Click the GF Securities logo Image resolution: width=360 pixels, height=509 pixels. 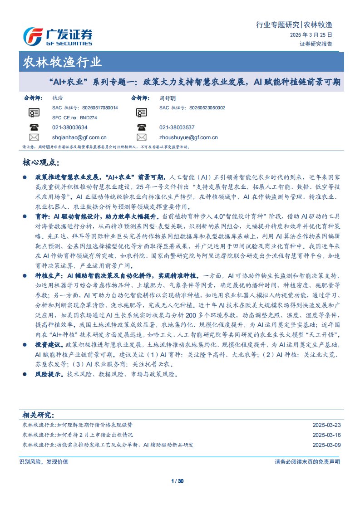coord(58,36)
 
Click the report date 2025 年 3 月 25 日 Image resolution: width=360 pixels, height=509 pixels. coord(311,35)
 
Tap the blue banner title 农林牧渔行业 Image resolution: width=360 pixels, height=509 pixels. coord(62,63)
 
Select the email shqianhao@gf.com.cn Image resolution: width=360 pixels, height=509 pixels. coord(79,137)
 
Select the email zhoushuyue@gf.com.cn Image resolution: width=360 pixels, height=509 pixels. coord(188,137)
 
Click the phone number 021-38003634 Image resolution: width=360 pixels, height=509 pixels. coord(70,127)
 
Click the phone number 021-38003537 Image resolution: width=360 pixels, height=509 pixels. coord(177,127)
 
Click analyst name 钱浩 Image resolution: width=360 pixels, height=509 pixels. coord(58,98)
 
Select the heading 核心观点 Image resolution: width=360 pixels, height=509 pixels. coord(40,162)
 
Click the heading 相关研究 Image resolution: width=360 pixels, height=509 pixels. coord(38,415)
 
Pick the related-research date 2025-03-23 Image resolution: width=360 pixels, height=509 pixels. coord(326,425)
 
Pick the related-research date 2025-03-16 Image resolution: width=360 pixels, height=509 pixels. coord(326,435)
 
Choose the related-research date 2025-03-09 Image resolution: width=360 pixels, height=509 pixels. coord(326,445)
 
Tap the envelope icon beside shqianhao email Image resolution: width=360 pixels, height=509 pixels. coord(34,137)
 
